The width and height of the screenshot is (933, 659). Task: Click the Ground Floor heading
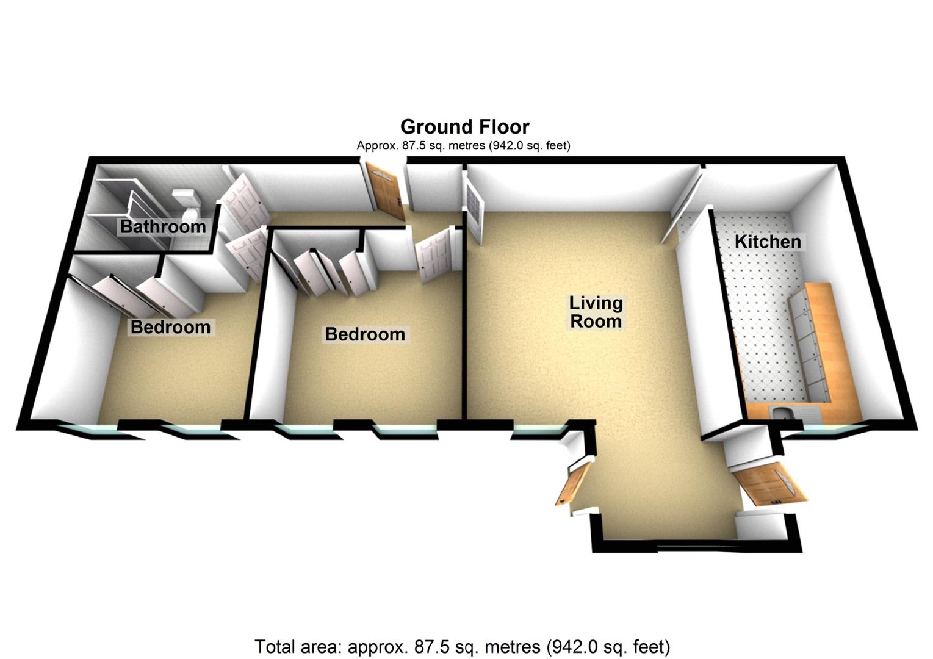464,127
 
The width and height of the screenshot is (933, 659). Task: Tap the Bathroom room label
163,227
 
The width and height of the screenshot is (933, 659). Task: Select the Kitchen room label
768,242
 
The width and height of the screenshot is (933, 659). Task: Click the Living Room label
596,312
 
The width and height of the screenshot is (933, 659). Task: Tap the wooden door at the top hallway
384,189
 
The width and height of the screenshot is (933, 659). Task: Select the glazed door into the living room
474,207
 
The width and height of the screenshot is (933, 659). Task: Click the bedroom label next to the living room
365,334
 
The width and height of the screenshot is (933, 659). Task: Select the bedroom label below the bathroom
170,327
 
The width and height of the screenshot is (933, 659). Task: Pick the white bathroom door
244,198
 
